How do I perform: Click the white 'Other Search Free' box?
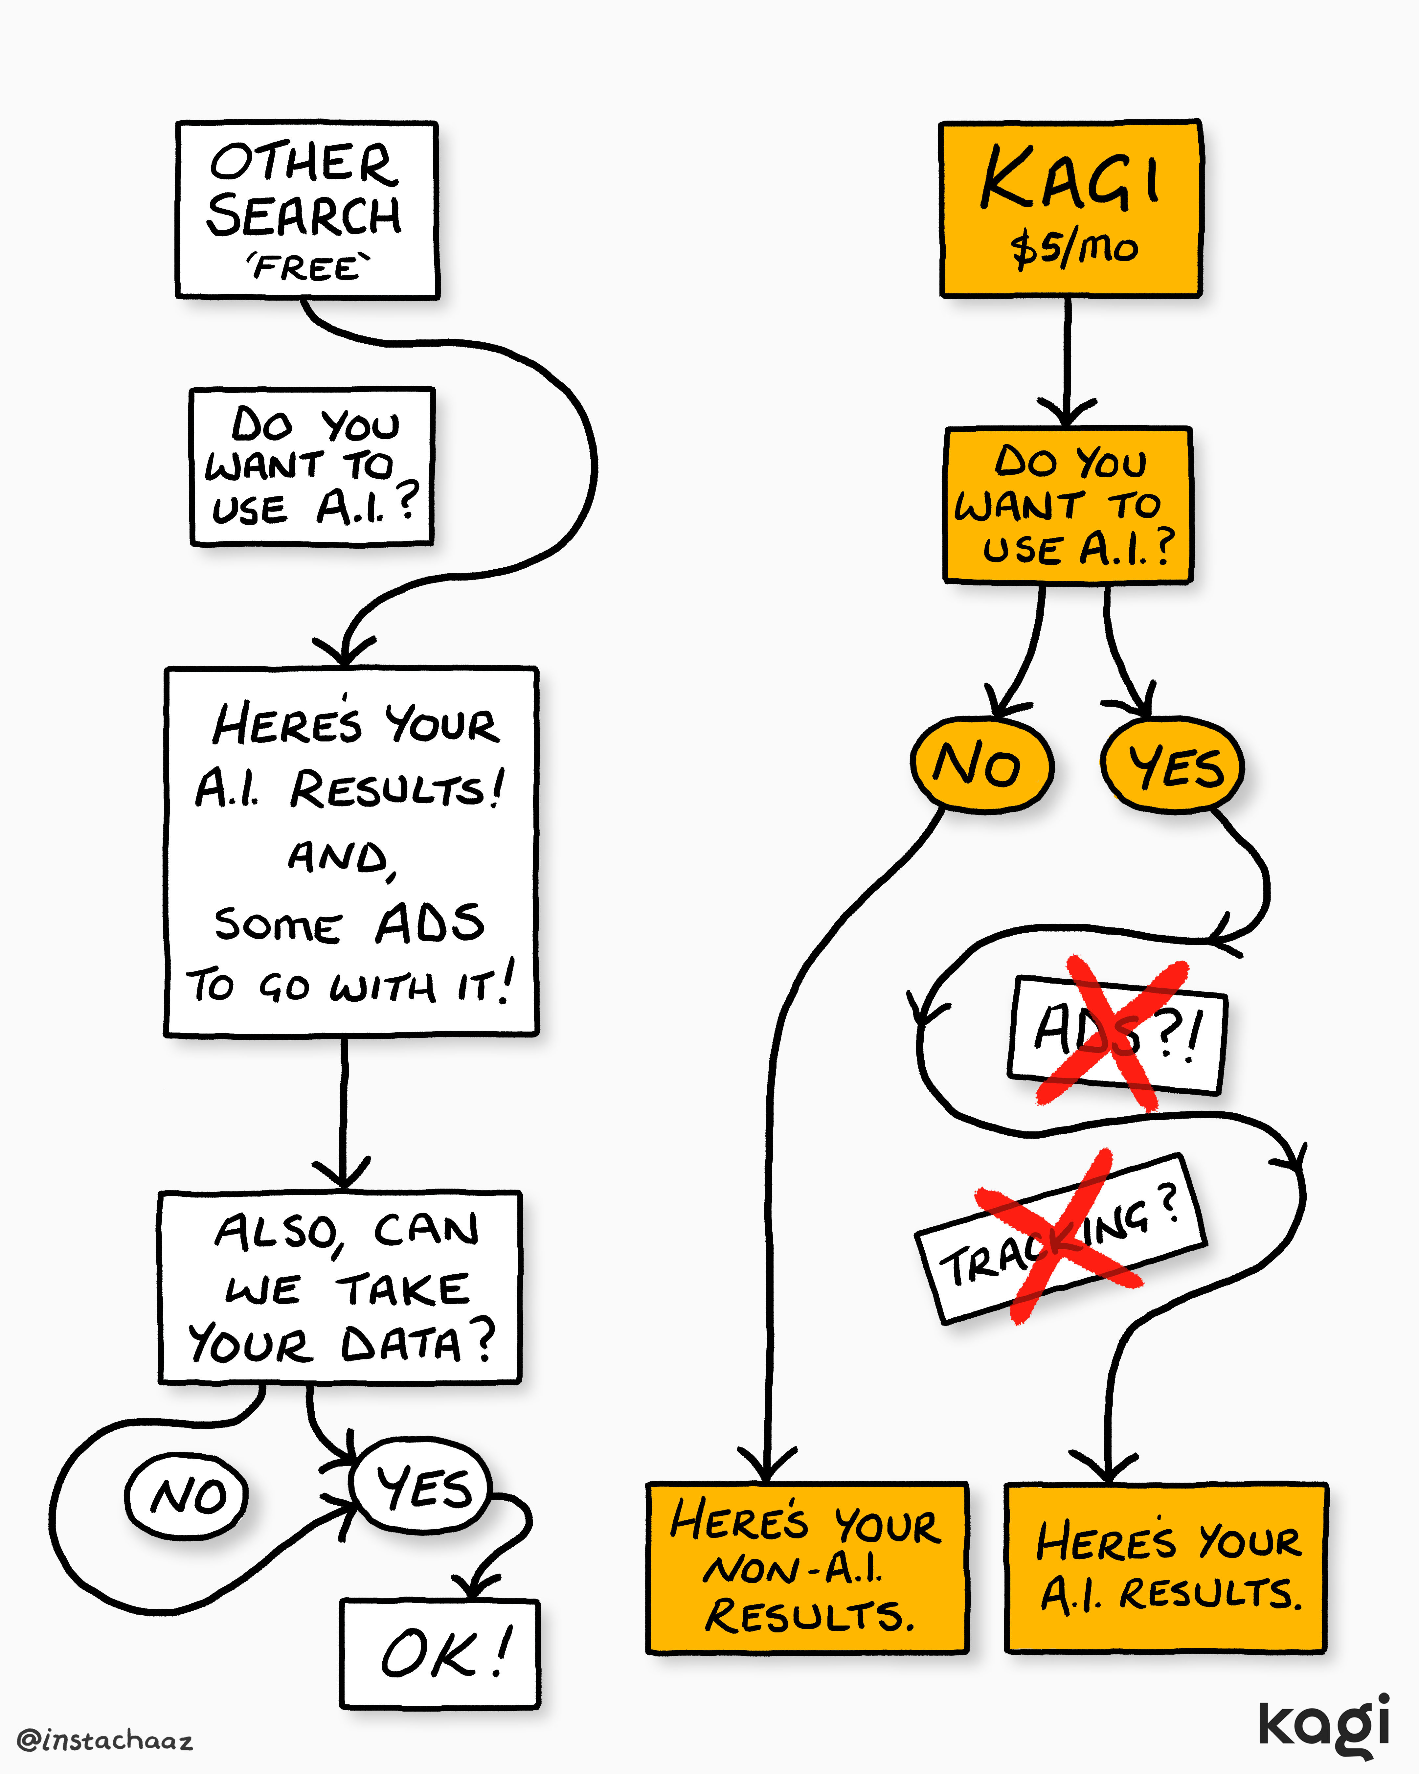click(x=307, y=210)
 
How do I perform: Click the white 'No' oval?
click(x=187, y=1496)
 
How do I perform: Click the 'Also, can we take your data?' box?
click(x=340, y=1288)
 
